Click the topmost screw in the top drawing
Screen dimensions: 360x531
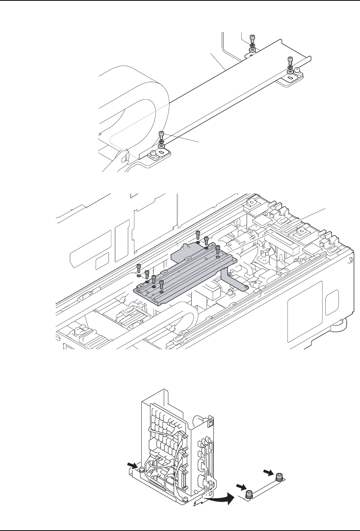coord(252,38)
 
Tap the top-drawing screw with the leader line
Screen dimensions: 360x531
coord(161,134)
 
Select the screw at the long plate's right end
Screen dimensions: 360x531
coord(291,60)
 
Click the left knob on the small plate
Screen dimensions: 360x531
coord(249,493)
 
